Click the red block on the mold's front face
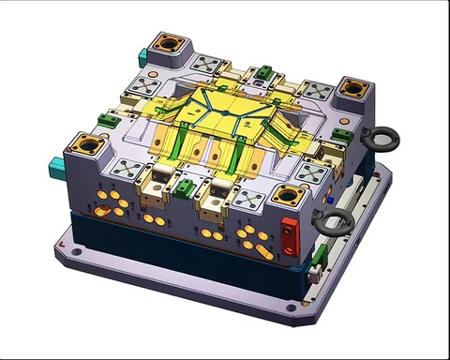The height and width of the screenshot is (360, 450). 290,233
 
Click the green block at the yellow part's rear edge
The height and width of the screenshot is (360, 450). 265,71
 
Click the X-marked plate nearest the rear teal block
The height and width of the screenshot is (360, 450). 206,65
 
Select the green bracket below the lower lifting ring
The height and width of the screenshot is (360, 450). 320,252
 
